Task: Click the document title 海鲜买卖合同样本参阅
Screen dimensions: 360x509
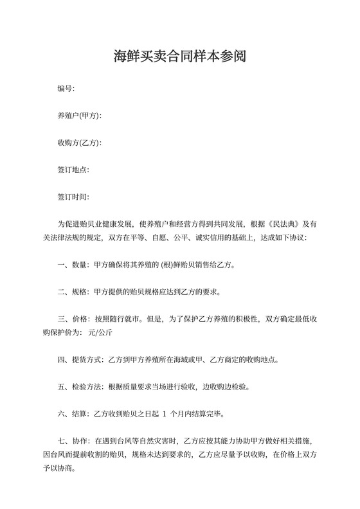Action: (179, 58)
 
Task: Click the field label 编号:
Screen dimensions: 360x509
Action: (66, 88)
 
